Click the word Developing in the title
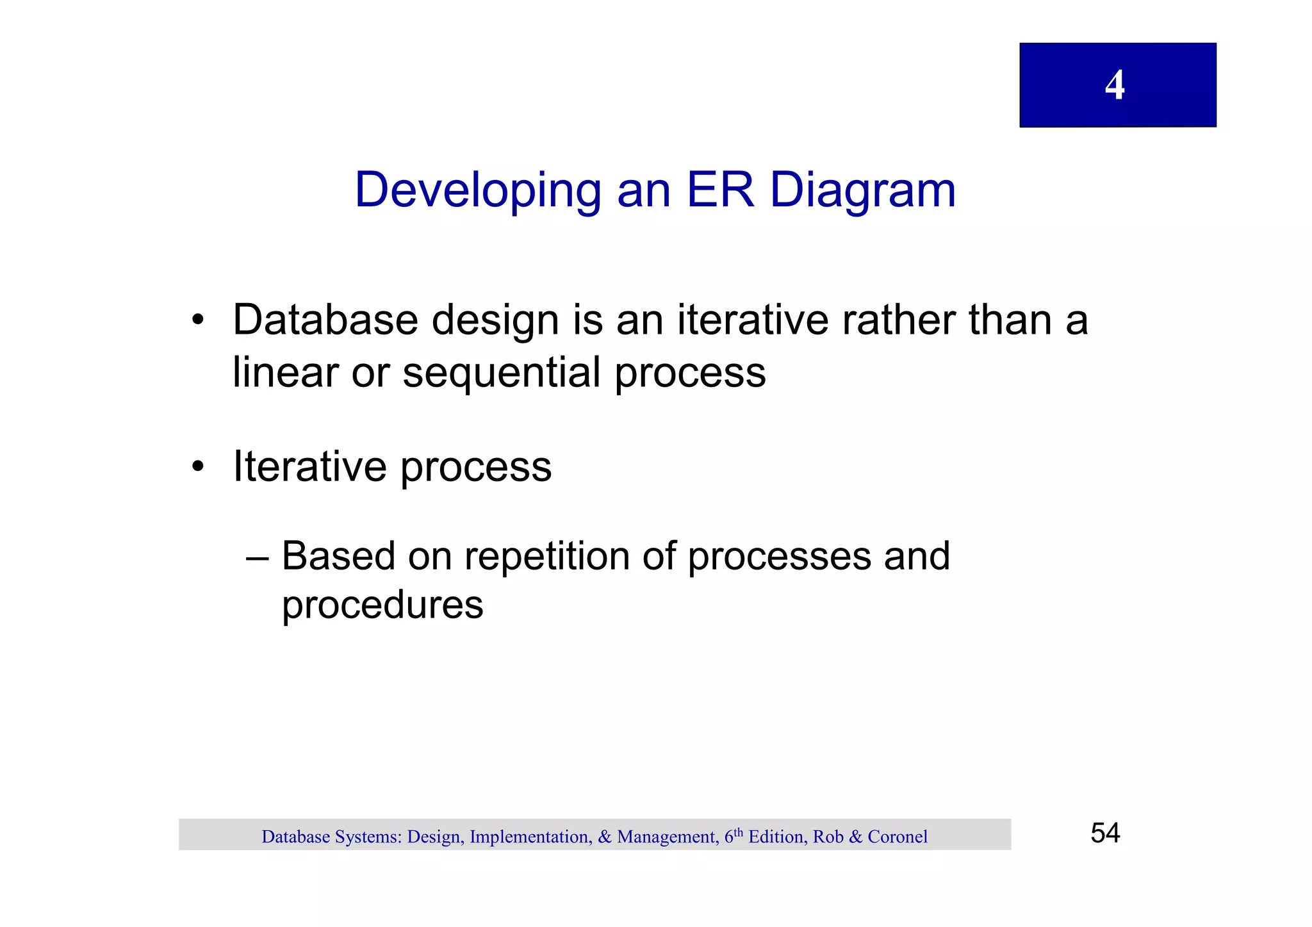[x=477, y=190]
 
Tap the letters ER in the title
[x=720, y=190]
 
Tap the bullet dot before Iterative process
[x=198, y=466]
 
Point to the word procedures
[x=382, y=605]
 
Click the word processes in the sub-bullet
[x=779, y=556]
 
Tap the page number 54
[x=1105, y=833]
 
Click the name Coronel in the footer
[x=897, y=837]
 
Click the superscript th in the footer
[x=739, y=832]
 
